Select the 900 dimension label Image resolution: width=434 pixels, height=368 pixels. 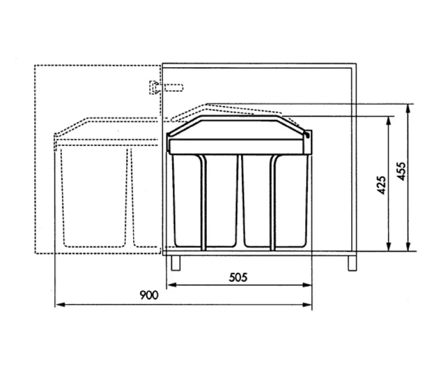149,296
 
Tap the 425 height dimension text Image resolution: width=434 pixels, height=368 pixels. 381,185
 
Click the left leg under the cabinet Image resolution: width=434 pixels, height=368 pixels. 175,262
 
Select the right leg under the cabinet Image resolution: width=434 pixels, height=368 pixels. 350,262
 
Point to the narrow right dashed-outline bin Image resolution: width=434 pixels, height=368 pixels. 144,195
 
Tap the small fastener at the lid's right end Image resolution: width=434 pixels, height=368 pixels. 307,136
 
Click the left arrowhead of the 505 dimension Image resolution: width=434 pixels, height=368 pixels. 170,285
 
